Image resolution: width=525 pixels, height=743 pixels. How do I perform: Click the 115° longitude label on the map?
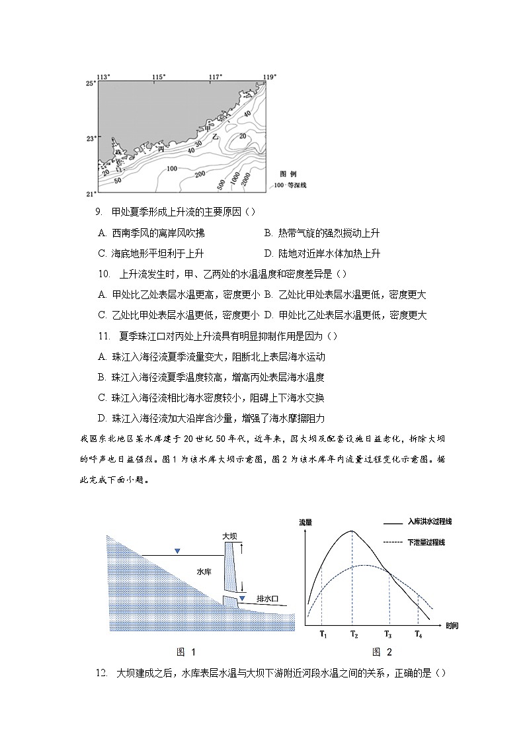point(158,77)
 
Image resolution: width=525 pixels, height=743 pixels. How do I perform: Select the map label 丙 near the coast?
point(161,150)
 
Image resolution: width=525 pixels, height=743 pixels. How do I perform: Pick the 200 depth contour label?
point(198,174)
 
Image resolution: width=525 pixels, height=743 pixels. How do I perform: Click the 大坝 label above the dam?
point(229,535)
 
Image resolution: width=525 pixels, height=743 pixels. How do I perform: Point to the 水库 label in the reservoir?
point(204,570)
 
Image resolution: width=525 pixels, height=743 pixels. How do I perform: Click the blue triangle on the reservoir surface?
point(176,551)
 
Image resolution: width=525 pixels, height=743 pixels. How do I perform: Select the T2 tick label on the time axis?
point(354,635)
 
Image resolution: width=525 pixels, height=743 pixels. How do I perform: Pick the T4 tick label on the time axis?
point(418,635)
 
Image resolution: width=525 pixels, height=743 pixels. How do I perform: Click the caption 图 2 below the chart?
point(382,652)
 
